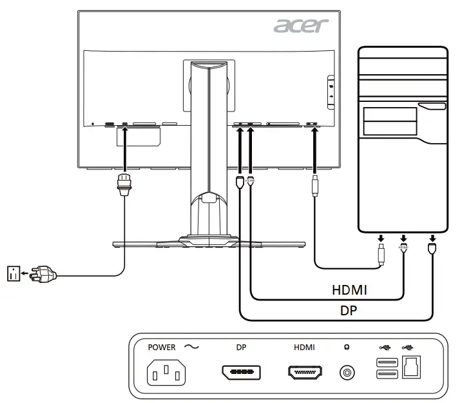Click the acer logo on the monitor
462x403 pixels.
[301, 26]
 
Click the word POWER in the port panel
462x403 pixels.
[161, 347]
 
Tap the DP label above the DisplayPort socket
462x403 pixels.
[241, 347]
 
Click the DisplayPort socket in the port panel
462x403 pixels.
[241, 373]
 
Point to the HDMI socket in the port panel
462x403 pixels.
[305, 373]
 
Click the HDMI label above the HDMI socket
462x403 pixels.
[304, 347]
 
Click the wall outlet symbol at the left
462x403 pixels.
[13, 273]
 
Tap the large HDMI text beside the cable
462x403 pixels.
[349, 290]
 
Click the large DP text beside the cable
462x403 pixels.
[349, 310]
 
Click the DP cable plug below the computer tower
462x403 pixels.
[432, 248]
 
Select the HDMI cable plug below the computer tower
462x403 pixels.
[403, 248]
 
